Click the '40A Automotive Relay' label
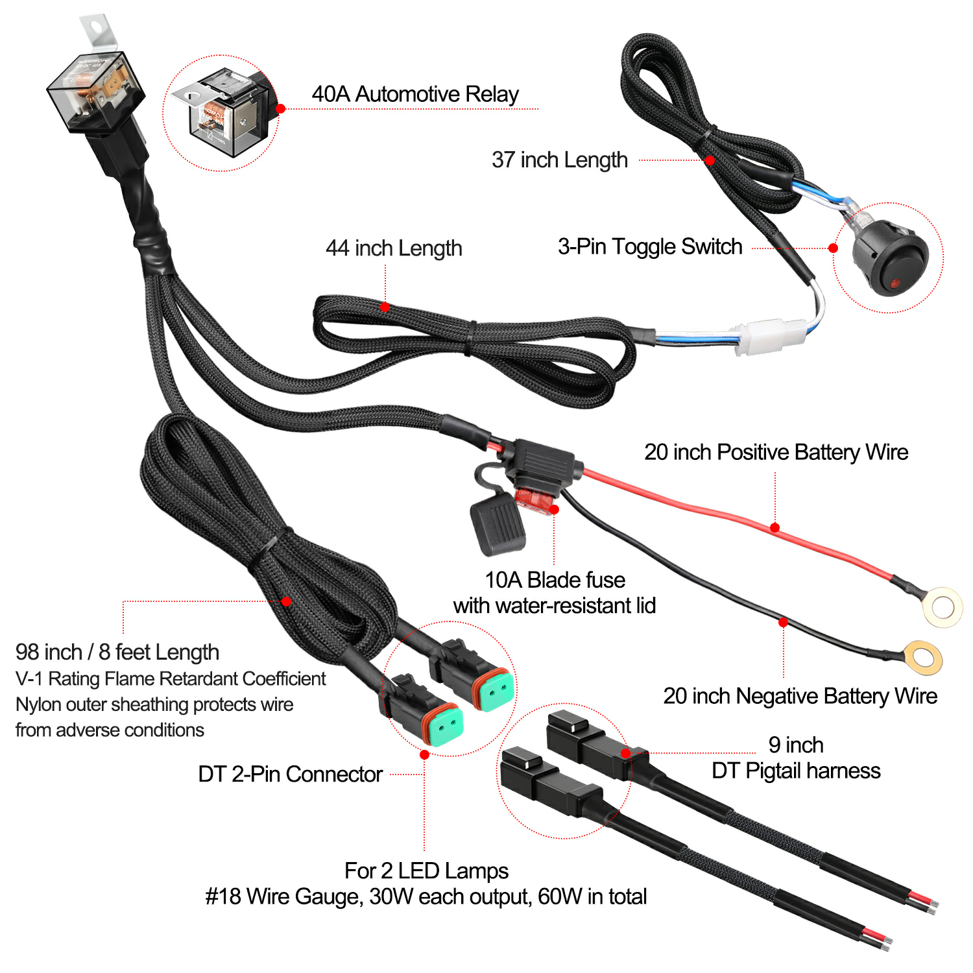pos(415,94)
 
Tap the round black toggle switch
pos(890,258)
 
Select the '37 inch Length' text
pos(560,160)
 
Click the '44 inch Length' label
pos(394,248)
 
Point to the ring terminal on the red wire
pos(943,607)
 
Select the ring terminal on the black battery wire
pos(922,658)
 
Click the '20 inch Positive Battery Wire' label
pos(776,452)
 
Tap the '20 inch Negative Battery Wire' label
pos(800,696)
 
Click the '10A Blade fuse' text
pos(555,579)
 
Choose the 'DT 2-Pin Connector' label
pos(290,774)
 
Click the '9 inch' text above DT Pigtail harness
pos(796,745)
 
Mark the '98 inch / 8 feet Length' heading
pos(117,652)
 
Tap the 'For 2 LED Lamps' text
pos(426,871)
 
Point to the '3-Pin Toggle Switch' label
pos(650,246)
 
